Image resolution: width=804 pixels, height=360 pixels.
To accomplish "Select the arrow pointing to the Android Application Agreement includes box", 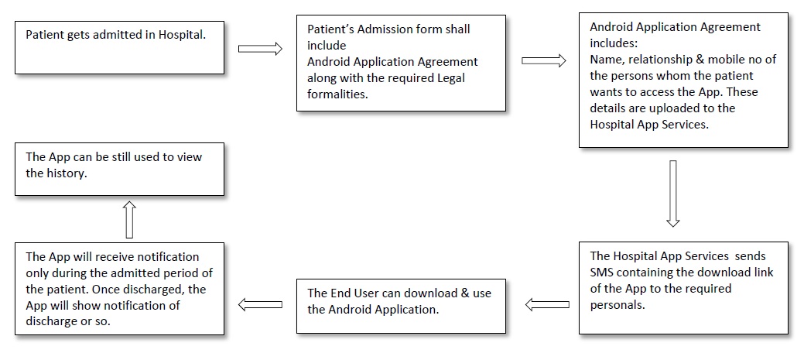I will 543,60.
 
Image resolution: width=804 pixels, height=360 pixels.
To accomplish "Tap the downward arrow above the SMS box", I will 672,193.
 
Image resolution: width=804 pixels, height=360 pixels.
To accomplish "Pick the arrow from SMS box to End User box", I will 547,305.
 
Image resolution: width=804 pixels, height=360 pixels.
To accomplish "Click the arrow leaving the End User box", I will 261,305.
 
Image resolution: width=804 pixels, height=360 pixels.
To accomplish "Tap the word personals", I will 617,304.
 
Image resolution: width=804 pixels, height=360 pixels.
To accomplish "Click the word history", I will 70,173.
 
